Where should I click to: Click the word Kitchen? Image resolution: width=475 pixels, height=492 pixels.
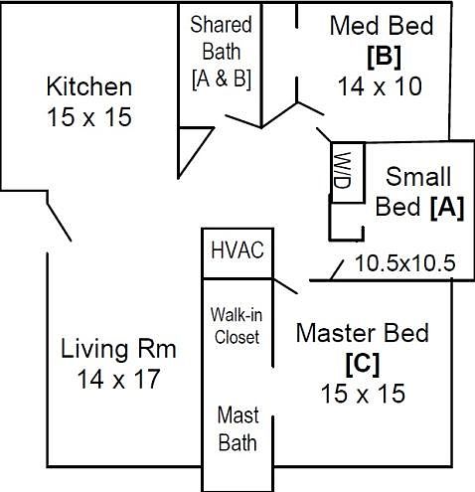point(89,86)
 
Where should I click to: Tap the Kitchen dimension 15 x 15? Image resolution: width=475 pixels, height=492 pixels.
point(89,117)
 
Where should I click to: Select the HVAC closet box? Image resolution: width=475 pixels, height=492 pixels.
point(237,253)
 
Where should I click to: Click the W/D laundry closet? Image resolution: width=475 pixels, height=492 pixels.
point(348,172)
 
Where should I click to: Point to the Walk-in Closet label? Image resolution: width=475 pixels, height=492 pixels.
point(237,326)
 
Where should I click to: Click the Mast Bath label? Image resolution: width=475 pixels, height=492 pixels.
point(237,428)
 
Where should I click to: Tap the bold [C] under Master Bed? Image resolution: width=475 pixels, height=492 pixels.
point(363,365)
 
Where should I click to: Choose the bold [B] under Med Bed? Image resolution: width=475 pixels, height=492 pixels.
point(385,57)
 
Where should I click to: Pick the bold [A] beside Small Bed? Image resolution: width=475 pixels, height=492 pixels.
point(447,208)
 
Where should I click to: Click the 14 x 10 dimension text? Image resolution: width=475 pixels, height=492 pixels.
point(380,86)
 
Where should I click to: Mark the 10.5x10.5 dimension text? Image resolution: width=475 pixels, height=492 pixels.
point(405,263)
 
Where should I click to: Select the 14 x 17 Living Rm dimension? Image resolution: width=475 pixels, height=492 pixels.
point(118,379)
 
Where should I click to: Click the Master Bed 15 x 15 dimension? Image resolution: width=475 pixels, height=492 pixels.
point(363,394)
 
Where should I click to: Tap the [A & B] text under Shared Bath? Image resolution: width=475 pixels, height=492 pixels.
point(222,79)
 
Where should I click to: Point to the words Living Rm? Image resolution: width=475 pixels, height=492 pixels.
point(118,350)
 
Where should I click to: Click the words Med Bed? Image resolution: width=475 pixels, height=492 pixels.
point(382,26)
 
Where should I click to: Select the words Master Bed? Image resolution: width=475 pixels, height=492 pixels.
point(363,333)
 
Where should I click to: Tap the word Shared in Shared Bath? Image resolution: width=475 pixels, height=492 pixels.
point(221,25)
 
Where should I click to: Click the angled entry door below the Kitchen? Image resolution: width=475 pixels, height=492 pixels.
point(60,222)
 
